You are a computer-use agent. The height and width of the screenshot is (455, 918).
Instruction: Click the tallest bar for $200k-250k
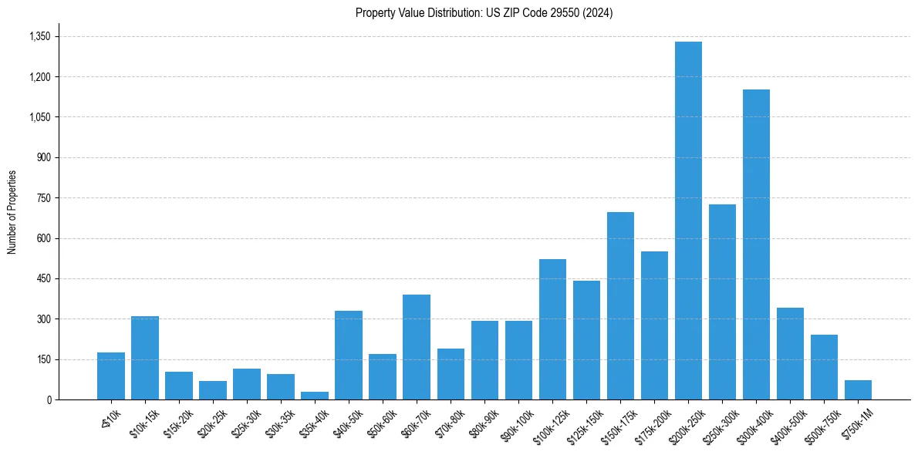[x=688, y=221]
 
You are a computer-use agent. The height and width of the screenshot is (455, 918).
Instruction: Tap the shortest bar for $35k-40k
[x=315, y=396]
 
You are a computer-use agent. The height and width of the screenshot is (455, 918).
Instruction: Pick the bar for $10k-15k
[x=145, y=358]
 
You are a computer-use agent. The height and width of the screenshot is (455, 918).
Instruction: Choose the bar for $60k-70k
[x=417, y=347]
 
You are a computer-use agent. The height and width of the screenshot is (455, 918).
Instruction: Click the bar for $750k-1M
[x=858, y=389]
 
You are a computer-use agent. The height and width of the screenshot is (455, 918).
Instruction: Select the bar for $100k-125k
[x=552, y=329]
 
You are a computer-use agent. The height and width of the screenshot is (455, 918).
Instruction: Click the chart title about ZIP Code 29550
[x=484, y=13]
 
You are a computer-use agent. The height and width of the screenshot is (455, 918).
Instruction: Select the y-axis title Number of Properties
[x=12, y=212]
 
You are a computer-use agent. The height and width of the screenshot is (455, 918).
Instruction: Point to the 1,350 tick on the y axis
[x=39, y=36]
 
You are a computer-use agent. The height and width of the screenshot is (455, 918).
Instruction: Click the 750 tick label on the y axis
[x=43, y=198]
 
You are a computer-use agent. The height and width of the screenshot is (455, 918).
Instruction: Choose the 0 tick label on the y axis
[x=49, y=399]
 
